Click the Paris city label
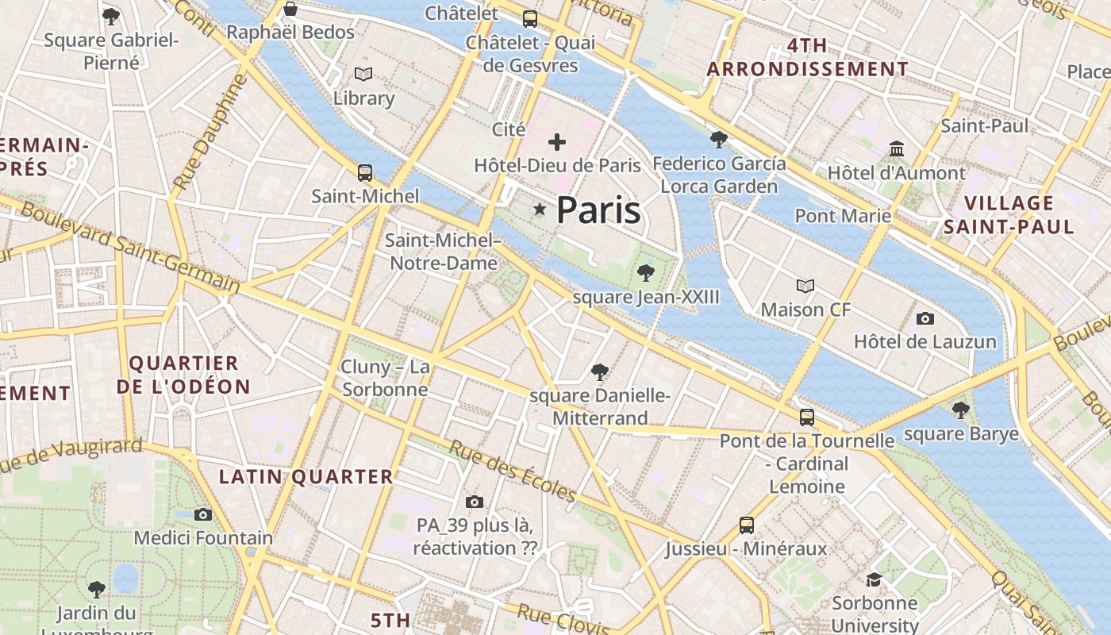[598, 210]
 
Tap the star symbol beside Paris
[540, 210]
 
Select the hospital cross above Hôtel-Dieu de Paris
[557, 143]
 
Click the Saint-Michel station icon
[365, 172]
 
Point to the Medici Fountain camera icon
[203, 514]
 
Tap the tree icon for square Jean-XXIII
[646, 274]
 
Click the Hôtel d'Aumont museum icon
[897, 149]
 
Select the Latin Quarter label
[306, 477]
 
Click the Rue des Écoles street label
[513, 471]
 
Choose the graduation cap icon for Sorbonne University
[874, 580]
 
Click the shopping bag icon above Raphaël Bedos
[290, 10]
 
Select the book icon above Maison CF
[805, 286]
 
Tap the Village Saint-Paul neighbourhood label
[1009, 215]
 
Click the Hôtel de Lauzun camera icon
[925, 319]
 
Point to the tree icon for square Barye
[960, 410]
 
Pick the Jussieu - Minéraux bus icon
[746, 525]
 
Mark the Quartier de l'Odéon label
[183, 375]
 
